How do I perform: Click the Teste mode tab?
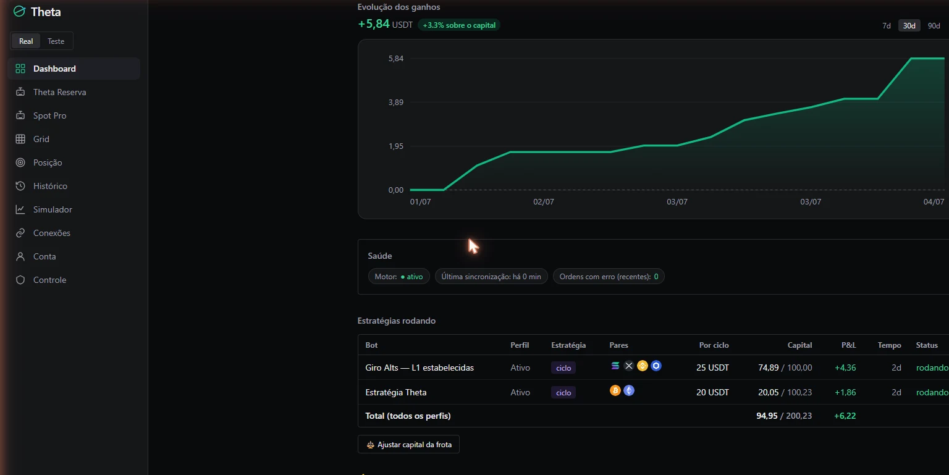[56, 41]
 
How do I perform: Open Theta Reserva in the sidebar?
[59, 92]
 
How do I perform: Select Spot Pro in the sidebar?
[49, 116]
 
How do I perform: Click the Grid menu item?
[41, 139]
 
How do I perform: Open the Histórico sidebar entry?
[50, 186]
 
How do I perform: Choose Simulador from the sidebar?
[53, 209]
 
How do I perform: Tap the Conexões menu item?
[52, 233]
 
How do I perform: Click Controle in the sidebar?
[49, 280]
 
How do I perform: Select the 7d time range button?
[887, 25]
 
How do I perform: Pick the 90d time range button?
[934, 25]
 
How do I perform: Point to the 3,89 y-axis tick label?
[395, 102]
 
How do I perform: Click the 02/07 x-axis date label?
[544, 202]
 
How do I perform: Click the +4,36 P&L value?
[845, 368]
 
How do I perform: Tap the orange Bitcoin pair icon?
[615, 390]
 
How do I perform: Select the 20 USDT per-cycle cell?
[712, 392]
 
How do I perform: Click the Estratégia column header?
[568, 345]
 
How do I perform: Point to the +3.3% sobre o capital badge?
[459, 25]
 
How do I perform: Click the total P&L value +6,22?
[845, 416]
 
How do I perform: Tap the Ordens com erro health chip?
[609, 276]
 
